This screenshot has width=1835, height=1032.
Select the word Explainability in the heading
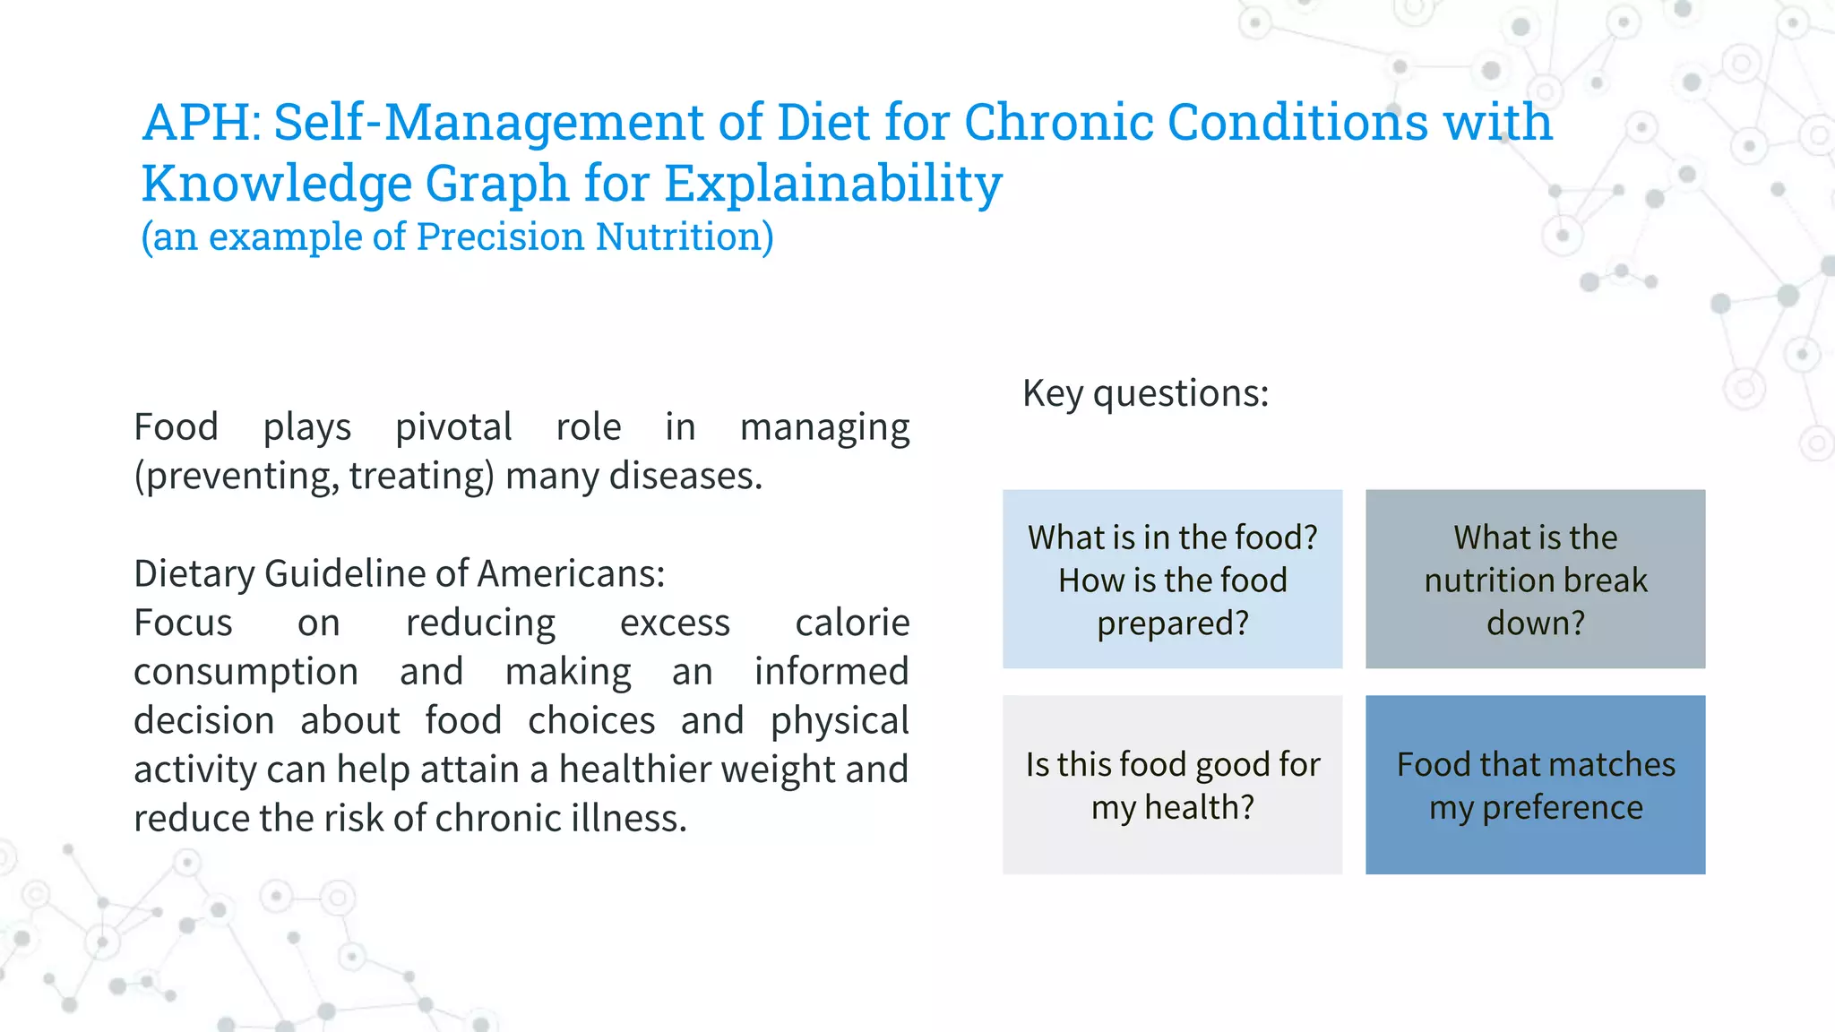click(832, 185)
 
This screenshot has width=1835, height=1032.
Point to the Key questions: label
click(1145, 393)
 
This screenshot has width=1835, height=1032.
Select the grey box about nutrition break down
click(1535, 580)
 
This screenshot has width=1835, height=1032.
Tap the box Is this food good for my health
click(1172, 785)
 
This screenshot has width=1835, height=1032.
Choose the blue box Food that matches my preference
click(1535, 785)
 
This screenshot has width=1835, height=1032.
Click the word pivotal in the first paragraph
click(453, 427)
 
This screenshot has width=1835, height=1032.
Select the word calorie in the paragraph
click(852, 623)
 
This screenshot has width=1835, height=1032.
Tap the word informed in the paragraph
click(831, 672)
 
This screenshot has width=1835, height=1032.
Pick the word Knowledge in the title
click(276, 185)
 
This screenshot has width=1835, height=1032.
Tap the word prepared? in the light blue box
click(1172, 623)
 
